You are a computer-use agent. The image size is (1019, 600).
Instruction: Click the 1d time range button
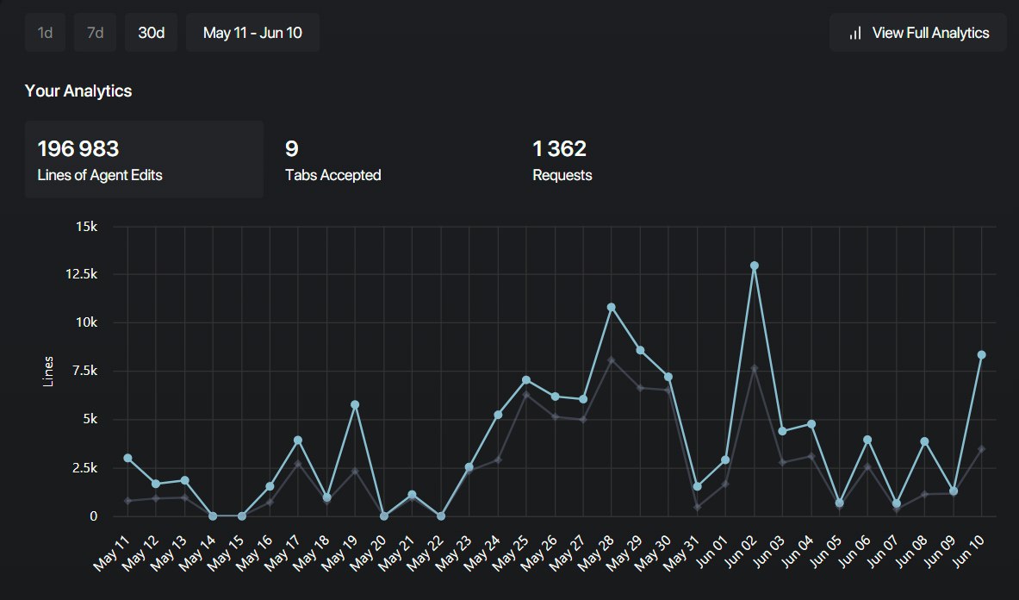coord(45,33)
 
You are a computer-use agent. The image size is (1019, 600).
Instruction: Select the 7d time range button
coord(95,33)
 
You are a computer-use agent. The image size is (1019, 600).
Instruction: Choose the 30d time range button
coord(152,33)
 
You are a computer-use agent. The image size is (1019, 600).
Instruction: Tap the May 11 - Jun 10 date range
coord(252,33)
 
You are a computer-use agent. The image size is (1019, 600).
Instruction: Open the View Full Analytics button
coord(918,33)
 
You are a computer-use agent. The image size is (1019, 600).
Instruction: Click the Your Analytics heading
coord(78,91)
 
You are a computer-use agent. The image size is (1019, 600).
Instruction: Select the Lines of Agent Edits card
coord(144,159)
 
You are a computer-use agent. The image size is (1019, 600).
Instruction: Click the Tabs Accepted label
coord(332,175)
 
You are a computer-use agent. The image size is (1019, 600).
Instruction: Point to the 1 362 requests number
coord(559,149)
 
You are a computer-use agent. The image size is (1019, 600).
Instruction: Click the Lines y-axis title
coord(48,371)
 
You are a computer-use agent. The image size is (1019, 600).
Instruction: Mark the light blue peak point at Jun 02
coord(754,266)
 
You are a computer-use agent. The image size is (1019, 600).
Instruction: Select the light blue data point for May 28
coord(612,307)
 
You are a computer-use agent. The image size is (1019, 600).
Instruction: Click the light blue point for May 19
coord(355,404)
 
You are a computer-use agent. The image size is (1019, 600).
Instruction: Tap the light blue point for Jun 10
coord(981,355)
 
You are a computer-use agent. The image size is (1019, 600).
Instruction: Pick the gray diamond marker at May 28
coord(612,360)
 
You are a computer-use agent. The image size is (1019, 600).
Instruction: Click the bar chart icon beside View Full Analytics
coord(855,33)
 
